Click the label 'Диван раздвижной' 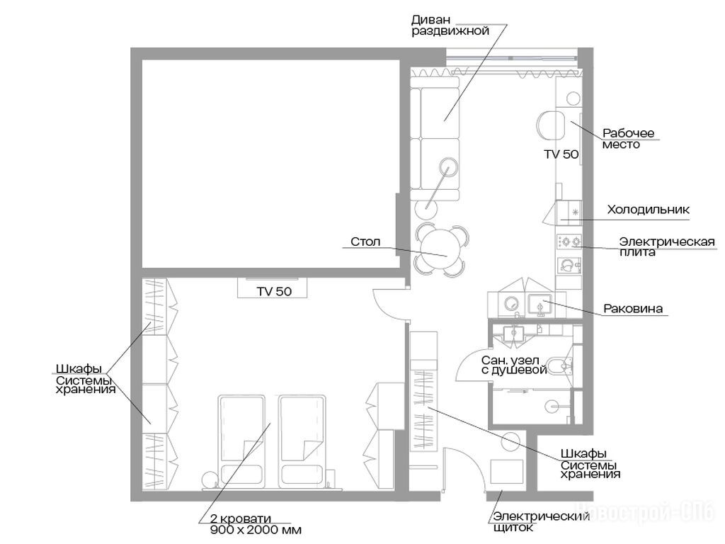tap(450, 25)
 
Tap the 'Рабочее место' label tap(629, 139)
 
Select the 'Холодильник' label tap(649, 210)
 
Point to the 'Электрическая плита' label tap(667, 246)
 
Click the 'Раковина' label tap(633, 309)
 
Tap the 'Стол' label tap(365, 242)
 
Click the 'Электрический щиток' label tap(541, 522)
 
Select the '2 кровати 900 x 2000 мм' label tap(256, 524)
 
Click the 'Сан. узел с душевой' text tap(514, 365)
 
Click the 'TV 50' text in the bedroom tap(274, 291)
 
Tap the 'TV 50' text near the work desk tap(561, 154)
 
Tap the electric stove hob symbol tap(569, 241)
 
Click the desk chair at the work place tap(551, 125)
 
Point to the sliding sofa tap(435, 138)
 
